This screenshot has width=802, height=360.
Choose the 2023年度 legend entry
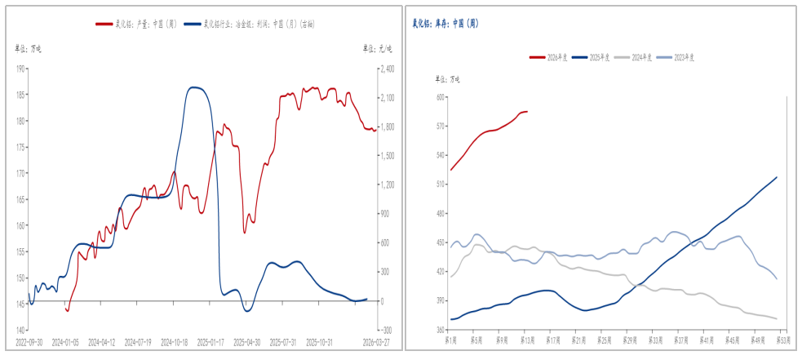676,57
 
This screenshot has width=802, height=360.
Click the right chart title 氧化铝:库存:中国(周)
445,24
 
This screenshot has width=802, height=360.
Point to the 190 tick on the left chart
20,69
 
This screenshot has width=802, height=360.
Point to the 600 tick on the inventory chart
440,97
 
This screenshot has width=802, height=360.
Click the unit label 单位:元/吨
377,49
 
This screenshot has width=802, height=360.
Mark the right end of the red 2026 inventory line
527,112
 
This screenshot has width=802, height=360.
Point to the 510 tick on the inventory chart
440,184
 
